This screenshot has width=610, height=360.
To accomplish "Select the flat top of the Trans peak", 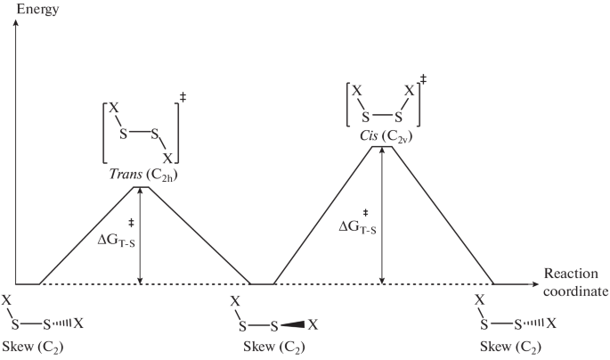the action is (x=142, y=186).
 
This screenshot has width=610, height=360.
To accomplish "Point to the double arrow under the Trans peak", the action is (x=142, y=235).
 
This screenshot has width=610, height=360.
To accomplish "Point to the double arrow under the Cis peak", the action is (x=382, y=215).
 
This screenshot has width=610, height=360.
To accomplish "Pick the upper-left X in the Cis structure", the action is (x=356, y=91).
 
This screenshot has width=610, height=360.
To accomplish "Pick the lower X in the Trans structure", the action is (x=166, y=157).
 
